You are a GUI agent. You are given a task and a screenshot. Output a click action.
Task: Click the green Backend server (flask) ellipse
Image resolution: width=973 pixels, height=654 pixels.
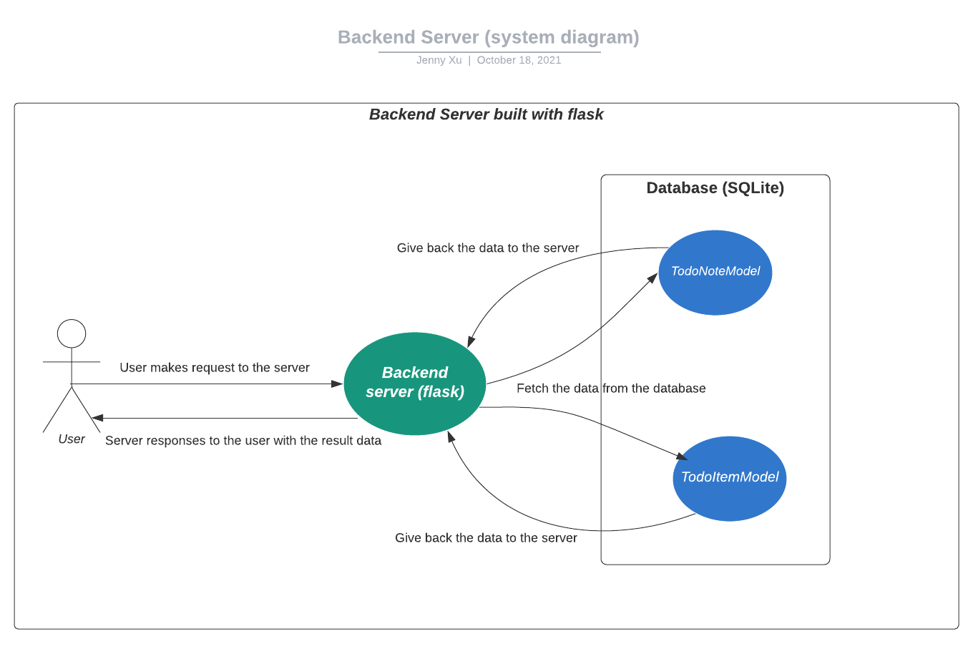point(415,384)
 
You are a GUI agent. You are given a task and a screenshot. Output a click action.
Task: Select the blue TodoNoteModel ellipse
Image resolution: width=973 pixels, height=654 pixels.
point(715,273)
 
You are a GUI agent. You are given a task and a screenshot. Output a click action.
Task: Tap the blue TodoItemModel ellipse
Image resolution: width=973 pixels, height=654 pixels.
point(730,479)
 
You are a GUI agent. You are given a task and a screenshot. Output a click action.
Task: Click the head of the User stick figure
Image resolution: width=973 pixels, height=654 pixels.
point(72,333)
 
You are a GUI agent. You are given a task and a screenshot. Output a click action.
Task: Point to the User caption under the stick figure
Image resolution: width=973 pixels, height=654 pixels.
point(72,439)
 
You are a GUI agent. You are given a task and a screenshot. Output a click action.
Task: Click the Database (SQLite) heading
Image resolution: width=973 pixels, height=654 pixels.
point(715,187)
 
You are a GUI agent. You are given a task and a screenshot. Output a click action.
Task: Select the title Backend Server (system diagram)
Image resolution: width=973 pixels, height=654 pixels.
point(489,37)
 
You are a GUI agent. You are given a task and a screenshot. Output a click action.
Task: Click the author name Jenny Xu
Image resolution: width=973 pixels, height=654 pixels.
point(439,60)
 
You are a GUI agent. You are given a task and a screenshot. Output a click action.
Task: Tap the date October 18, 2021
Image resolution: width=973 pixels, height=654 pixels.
point(519,60)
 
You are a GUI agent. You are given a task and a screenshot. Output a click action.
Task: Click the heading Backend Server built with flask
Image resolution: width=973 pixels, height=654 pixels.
point(486,114)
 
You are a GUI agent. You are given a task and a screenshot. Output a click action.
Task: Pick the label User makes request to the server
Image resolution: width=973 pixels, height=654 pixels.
point(215,368)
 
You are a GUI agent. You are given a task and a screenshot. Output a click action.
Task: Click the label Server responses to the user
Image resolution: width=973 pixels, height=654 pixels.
point(243,441)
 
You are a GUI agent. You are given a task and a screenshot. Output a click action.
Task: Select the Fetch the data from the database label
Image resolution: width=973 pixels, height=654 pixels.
point(611,388)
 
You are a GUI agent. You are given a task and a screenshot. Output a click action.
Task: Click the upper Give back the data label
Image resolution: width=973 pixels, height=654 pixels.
point(488,248)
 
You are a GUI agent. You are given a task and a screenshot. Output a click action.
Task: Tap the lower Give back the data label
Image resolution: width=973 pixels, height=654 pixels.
point(486,538)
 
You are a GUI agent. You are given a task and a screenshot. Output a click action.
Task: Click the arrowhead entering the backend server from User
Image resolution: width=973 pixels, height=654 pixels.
point(338,384)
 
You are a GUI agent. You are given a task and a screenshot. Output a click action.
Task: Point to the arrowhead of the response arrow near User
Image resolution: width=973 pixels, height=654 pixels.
point(97,418)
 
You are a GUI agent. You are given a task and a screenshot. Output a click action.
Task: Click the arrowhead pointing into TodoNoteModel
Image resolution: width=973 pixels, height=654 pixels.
point(653,278)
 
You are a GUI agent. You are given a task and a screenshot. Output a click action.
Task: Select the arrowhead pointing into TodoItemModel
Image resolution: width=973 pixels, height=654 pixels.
point(682,457)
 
